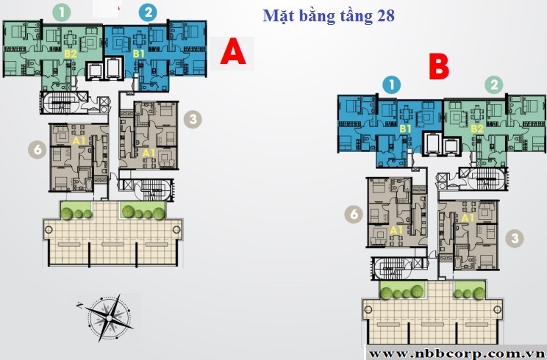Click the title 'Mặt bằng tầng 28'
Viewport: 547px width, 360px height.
pyautogui.click(x=328, y=16)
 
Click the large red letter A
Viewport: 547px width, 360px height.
pyautogui.click(x=233, y=51)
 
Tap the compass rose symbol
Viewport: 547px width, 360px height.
pyautogui.click(x=110, y=317)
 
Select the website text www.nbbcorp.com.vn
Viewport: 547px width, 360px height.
pyautogui.click(x=455, y=353)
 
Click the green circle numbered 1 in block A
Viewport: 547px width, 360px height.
pyautogui.click(x=62, y=12)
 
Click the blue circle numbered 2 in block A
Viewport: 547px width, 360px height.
pyautogui.click(x=148, y=12)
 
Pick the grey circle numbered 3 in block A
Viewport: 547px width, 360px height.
pyautogui.click(x=193, y=120)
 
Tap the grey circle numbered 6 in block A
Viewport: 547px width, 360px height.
pyautogui.click(x=37, y=150)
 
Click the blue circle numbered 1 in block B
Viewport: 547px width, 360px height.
pyautogui.click(x=391, y=84)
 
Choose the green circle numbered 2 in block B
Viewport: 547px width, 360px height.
pyautogui.click(x=494, y=84)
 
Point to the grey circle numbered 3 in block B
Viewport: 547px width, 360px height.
pyautogui.click(x=515, y=238)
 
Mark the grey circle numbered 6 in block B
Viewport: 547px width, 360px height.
pyautogui.click(x=354, y=214)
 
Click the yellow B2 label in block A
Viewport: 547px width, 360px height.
pyautogui.click(x=71, y=54)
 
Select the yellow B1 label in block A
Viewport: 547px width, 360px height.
pyautogui.click(x=139, y=54)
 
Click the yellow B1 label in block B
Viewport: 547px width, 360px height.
pyautogui.click(x=405, y=129)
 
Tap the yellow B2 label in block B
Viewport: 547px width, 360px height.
pyautogui.click(x=477, y=129)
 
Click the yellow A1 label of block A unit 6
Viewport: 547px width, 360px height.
pyautogui.click(x=79, y=141)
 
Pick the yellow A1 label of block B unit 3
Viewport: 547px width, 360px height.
pyautogui.click(x=468, y=218)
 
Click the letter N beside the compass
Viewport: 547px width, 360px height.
pyautogui.click(x=79, y=306)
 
